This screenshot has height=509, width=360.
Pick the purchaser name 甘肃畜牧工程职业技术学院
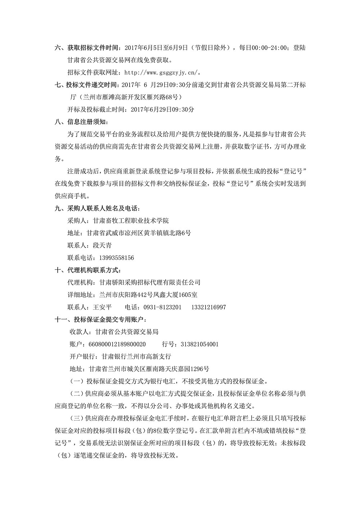(x=131, y=221)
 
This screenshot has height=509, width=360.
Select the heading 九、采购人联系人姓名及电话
(x=97, y=208)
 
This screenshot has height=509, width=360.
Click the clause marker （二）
(x=75, y=393)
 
